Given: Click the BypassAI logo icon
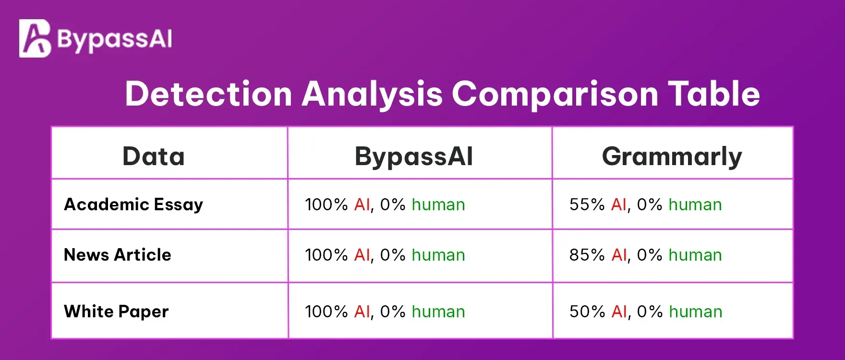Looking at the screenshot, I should click(35, 38).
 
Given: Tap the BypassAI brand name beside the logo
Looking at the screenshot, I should click(114, 39).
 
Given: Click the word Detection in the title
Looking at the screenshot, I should click(208, 94).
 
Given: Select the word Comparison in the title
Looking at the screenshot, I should click(555, 94).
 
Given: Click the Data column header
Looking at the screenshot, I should click(154, 156).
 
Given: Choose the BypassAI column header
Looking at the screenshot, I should click(414, 156).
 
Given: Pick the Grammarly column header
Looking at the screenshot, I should click(672, 156).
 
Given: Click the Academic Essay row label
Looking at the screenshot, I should click(133, 205).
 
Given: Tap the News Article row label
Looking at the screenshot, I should click(117, 255).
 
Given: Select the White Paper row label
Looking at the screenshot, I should click(116, 312).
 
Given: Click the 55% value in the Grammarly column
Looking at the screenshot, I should click(587, 205).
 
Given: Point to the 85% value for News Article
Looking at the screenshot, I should click(587, 255).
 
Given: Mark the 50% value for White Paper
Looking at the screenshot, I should click(587, 312).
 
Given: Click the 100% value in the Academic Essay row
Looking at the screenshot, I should click(326, 205).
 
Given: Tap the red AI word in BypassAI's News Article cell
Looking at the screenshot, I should click(362, 255).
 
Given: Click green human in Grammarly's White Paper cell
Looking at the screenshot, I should click(696, 312).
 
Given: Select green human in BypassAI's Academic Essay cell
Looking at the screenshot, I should click(438, 205).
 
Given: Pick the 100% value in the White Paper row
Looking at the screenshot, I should click(326, 312).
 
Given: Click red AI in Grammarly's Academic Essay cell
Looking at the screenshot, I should click(619, 205).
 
